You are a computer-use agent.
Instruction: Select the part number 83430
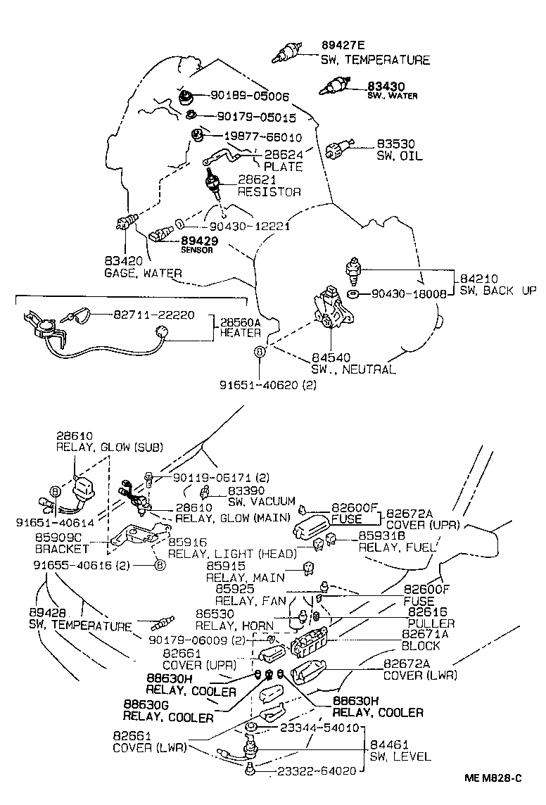(386, 86)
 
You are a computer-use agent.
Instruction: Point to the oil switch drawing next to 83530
(339, 149)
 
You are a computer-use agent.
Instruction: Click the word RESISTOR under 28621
(269, 191)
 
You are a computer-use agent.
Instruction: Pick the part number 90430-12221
(250, 226)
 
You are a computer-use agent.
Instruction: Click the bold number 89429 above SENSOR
(200, 241)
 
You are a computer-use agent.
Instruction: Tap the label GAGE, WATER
(143, 273)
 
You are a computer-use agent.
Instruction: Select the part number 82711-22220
(153, 316)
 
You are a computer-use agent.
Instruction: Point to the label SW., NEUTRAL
(353, 369)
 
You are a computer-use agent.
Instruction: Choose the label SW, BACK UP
(498, 291)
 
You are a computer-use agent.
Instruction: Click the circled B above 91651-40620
(260, 350)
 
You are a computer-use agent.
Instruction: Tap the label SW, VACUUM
(262, 501)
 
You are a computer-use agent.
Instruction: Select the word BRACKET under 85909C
(62, 548)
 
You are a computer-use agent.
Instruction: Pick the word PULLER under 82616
(431, 623)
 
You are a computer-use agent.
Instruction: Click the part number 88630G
(147, 705)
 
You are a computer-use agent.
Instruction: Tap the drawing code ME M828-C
(493, 778)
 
